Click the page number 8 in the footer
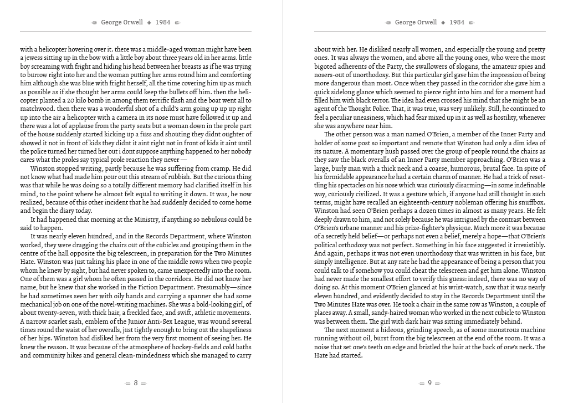coord(136,383)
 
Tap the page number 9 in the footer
coord(429,383)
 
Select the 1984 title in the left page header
coord(163,23)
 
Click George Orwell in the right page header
coord(416,23)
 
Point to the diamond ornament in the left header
coord(149,23)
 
